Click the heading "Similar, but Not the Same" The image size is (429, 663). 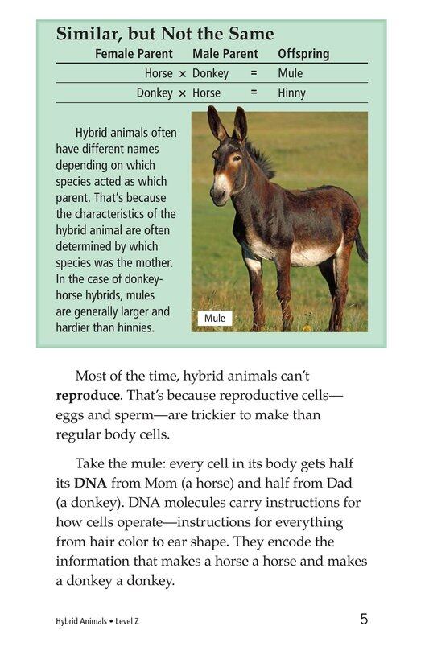click(165, 35)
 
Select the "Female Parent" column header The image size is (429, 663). click(134, 54)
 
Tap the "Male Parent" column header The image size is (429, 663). click(225, 54)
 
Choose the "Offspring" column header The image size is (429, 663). click(303, 54)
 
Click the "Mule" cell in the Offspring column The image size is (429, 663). click(290, 73)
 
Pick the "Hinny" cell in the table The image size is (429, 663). click(291, 93)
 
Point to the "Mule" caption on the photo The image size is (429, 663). click(215, 319)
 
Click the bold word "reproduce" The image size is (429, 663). click(88, 396)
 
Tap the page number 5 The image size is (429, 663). click(364, 619)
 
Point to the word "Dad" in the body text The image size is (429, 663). click(342, 483)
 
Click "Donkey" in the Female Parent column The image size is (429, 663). click(155, 93)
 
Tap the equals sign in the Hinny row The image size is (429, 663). click(254, 93)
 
